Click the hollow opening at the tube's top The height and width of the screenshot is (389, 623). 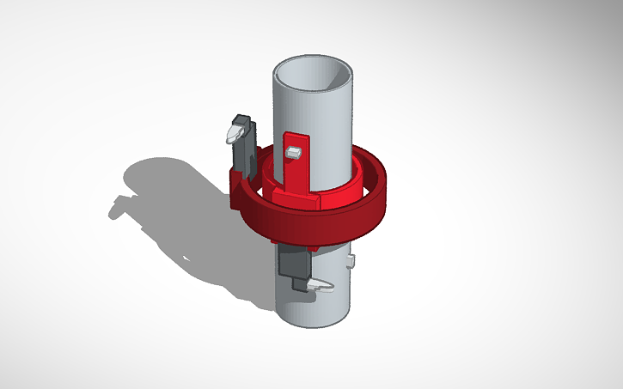[x=313, y=75]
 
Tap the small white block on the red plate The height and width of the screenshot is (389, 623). [x=294, y=152]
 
